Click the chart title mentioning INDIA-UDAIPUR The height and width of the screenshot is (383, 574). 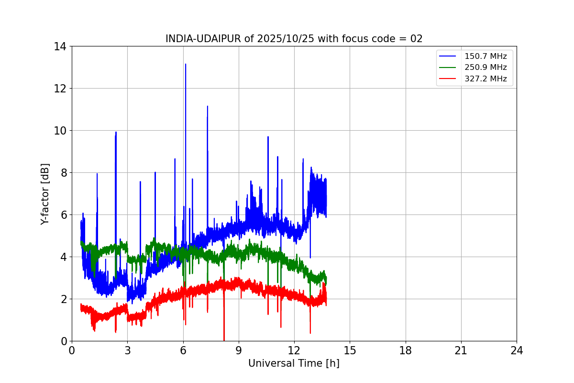click(294, 39)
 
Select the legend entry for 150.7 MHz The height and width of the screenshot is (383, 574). click(485, 56)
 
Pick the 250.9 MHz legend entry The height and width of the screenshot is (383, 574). click(485, 68)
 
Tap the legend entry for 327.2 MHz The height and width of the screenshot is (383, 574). click(485, 79)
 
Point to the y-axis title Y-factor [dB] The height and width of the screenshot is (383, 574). click(45, 194)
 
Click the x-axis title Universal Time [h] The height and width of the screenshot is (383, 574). click(294, 363)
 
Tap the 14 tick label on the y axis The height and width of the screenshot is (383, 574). click(60, 46)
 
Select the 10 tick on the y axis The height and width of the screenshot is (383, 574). click(60, 131)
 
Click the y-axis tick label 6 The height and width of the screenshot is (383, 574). click(63, 215)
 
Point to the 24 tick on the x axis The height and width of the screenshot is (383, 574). click(517, 350)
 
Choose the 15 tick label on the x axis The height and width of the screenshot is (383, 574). click(350, 350)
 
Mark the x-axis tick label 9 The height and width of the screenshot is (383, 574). click(239, 350)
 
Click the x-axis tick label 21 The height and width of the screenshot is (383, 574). click(461, 350)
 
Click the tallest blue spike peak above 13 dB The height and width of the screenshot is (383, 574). click(186, 64)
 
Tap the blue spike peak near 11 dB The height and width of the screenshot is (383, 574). click(207, 106)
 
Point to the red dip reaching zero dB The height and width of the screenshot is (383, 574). click(224, 339)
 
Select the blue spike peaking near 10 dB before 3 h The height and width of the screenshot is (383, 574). click(116, 132)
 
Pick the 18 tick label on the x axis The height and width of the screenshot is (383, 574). click(406, 350)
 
